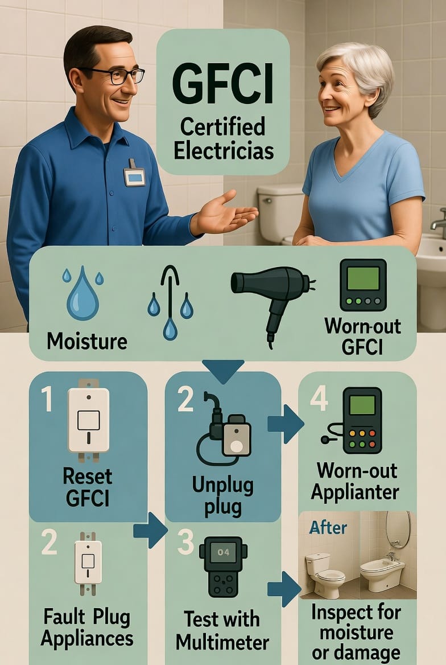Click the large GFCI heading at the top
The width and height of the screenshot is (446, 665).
[223, 85]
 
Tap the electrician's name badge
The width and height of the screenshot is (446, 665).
[134, 175]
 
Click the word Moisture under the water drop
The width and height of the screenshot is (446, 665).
[87, 341]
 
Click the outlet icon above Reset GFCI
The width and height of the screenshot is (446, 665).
[89, 420]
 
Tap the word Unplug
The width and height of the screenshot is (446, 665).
[222, 486]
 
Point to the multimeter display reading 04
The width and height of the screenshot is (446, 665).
[224, 552]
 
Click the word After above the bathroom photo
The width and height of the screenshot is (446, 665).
[328, 527]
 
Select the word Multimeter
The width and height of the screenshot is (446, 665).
[222, 642]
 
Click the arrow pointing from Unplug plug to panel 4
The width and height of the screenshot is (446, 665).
[286, 424]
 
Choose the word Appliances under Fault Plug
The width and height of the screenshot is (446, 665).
[87, 639]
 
